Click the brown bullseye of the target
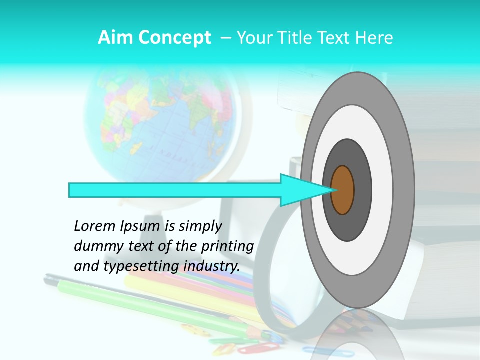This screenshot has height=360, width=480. point(343,190)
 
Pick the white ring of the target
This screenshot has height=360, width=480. point(382,190)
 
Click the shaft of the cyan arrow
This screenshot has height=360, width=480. point(175,190)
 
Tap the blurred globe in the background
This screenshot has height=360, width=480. point(160,125)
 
